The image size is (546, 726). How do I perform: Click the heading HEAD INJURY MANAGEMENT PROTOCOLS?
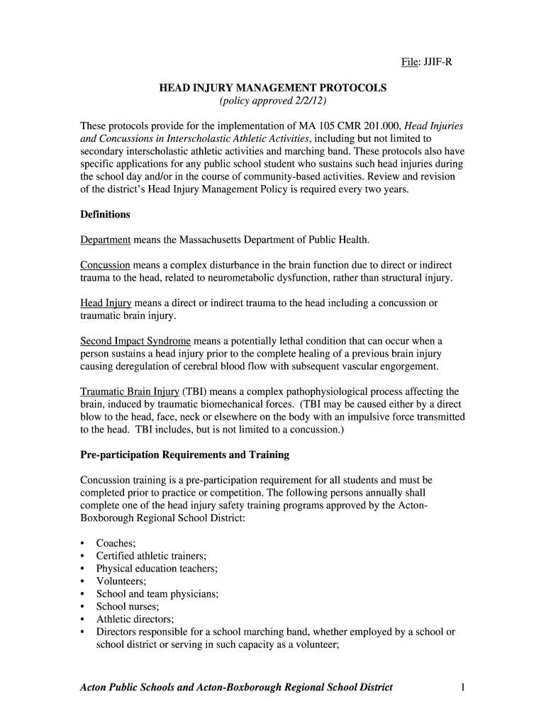tap(272, 88)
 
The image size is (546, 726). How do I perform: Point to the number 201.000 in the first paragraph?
tap(379, 126)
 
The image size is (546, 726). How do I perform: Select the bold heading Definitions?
tap(105, 214)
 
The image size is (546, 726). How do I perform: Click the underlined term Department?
tap(105, 240)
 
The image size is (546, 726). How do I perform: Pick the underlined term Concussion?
tap(105, 265)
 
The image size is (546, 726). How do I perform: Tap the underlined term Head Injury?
tap(106, 303)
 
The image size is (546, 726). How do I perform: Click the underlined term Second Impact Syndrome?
tap(135, 341)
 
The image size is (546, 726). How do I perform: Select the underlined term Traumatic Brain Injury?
tap(130, 391)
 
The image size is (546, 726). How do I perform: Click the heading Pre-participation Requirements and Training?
tap(184, 454)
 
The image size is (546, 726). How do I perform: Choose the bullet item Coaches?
tap(116, 543)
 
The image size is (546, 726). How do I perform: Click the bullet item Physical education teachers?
tap(157, 569)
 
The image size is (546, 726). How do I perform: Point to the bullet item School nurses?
tap(128, 607)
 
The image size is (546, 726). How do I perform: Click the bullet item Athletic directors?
tap(135, 619)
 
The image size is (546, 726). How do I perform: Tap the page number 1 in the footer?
tap(462, 688)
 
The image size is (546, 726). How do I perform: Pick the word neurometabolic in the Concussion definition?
tap(251, 278)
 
